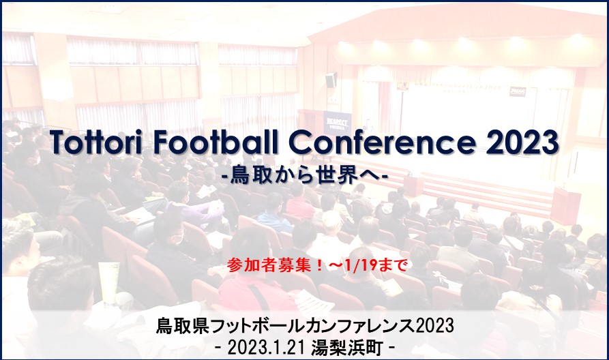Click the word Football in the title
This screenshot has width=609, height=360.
[x=216, y=142]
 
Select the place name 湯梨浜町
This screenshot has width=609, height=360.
[x=346, y=348]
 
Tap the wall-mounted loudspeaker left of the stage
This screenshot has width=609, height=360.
[x=331, y=80]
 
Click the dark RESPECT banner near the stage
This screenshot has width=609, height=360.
[x=337, y=123]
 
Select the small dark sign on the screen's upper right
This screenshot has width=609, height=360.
[x=518, y=91]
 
